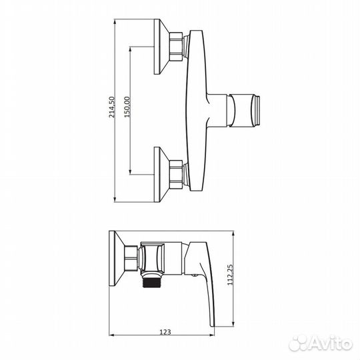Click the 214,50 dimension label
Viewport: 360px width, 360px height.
111,107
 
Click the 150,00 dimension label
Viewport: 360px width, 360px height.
127,107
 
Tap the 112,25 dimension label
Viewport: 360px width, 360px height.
230,275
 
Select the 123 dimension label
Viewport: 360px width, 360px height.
165,332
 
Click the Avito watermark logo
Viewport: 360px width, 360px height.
321,343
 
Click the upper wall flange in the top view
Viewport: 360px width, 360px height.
162,47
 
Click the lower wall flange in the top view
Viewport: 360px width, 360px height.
162,175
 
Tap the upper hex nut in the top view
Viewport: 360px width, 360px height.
176,47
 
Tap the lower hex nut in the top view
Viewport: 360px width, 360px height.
176,175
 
